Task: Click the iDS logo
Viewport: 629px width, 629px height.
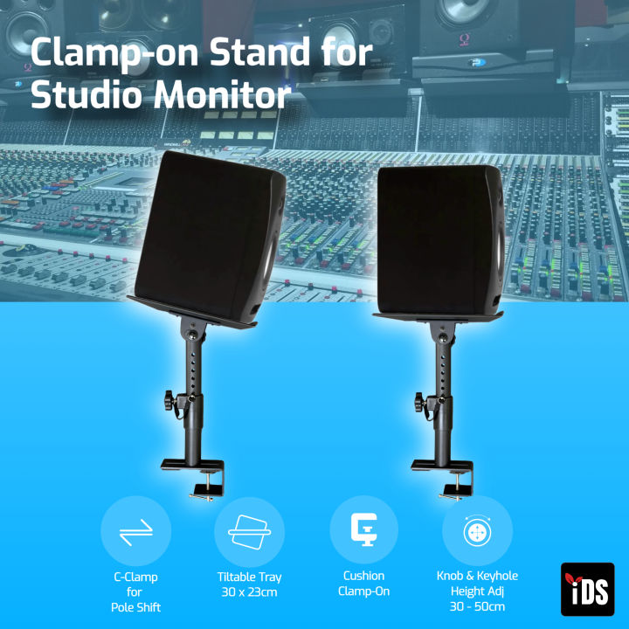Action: coord(587,589)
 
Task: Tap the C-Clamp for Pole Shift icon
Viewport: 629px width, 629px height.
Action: coord(135,531)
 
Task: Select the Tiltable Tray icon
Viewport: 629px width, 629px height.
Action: coord(249,531)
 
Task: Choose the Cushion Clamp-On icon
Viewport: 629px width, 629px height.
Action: coord(363,529)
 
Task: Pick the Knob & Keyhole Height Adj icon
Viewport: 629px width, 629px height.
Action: coord(477,531)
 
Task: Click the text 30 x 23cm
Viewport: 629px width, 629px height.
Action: coord(249,592)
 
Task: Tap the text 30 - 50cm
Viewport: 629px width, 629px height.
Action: coord(477,606)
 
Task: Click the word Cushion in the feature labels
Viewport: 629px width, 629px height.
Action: coord(363,577)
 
